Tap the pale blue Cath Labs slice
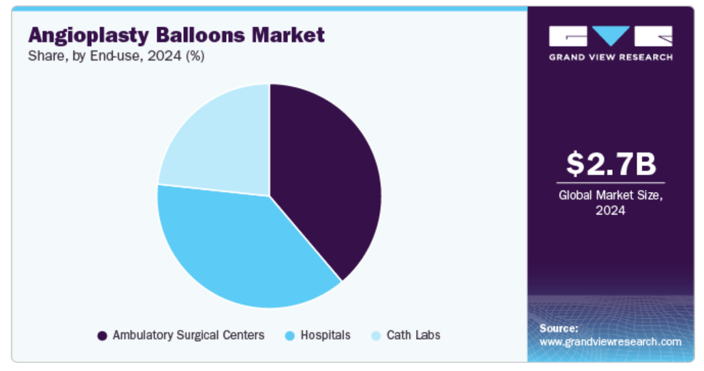[220, 144]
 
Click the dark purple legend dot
[102, 336]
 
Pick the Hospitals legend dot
[290, 336]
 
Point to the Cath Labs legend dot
[377, 336]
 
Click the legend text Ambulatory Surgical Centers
[189, 335]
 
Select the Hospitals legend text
[325, 335]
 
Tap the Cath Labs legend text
[413, 335]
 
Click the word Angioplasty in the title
[89, 35]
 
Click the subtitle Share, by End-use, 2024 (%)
[116, 56]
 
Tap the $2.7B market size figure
[611, 163]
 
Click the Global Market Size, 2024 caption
[611, 203]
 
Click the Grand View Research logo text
[611, 57]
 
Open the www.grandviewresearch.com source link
[610, 342]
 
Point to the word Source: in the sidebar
[558, 328]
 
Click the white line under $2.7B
[611, 183]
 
